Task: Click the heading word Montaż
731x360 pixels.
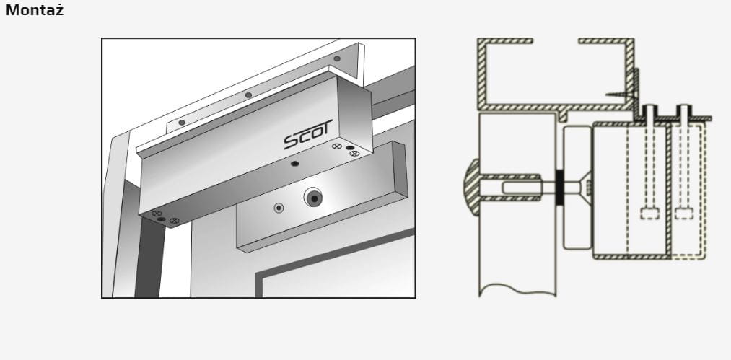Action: pyautogui.click(x=35, y=10)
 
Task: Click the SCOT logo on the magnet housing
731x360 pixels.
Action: pyautogui.click(x=308, y=134)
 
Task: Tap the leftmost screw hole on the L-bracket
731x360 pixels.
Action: pyautogui.click(x=182, y=122)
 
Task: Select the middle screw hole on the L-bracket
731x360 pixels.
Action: pyautogui.click(x=248, y=95)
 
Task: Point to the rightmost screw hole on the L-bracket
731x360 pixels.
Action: pyautogui.click(x=337, y=58)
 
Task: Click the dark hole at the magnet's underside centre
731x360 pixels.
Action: pyautogui.click(x=294, y=164)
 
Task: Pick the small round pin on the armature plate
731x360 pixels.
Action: pyautogui.click(x=279, y=208)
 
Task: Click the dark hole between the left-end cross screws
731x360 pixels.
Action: pyautogui.click(x=162, y=219)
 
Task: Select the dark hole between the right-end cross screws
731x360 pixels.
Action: pyautogui.click(x=350, y=148)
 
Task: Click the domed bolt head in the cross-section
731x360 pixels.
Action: pyautogui.click(x=472, y=188)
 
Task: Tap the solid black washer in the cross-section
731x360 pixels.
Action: pyautogui.click(x=560, y=188)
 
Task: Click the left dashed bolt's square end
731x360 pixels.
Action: pyautogui.click(x=649, y=213)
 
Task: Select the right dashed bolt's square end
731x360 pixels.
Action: pyautogui.click(x=684, y=213)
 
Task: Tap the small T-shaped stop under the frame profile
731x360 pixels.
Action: pyautogui.click(x=564, y=115)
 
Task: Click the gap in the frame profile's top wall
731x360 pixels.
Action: pyautogui.click(x=555, y=41)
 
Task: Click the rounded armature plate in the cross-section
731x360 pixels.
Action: pyautogui.click(x=577, y=188)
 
